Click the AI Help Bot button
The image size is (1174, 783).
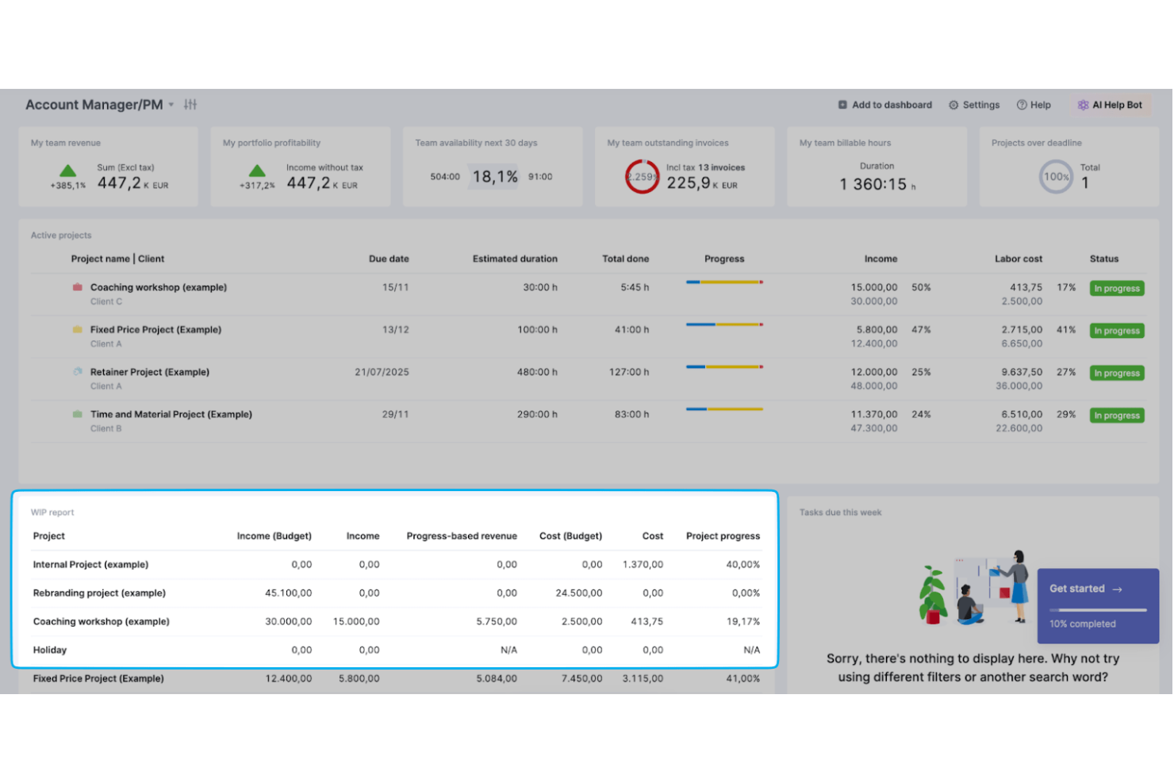[x=1110, y=105]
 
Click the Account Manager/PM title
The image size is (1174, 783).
[x=94, y=105]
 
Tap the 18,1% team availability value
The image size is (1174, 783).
[x=495, y=177]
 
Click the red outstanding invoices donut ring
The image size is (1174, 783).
[x=641, y=177]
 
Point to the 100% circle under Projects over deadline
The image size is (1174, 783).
[x=1055, y=177]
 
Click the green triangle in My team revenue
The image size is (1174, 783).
[x=68, y=171]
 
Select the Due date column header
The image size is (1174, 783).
[x=389, y=259]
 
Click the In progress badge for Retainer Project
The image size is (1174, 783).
[x=1116, y=373]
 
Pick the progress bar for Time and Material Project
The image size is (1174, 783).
[x=723, y=409]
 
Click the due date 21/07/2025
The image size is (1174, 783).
[x=382, y=372]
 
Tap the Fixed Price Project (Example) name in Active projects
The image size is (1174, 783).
[x=155, y=329]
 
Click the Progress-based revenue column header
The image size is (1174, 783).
[x=461, y=536]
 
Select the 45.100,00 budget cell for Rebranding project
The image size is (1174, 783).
[x=288, y=593]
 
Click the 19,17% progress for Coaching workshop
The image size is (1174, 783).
[x=742, y=622]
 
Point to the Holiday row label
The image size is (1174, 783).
[x=50, y=651]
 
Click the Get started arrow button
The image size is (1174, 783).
[x=1085, y=589]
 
